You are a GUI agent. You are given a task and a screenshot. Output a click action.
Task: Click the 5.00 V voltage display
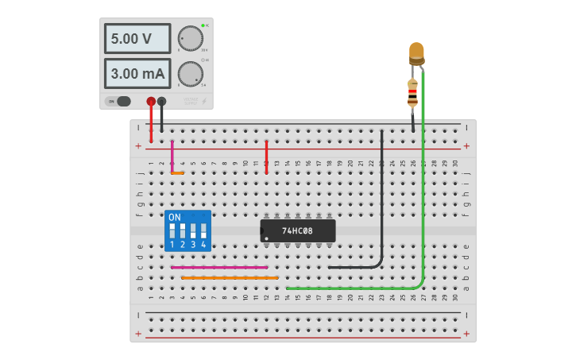(137, 38)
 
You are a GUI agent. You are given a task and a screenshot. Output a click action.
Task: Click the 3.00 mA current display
(137, 74)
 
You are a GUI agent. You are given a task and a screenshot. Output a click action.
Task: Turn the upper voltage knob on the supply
(190, 38)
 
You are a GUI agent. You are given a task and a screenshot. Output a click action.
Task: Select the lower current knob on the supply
(190, 74)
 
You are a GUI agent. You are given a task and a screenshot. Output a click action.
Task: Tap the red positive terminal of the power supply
(151, 101)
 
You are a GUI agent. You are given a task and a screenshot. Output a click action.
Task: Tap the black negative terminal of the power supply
(162, 101)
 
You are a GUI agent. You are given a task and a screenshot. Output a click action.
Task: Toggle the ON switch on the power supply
(120, 101)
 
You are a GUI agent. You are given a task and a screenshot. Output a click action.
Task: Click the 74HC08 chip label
(298, 231)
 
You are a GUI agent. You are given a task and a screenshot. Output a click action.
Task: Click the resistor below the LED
(412, 93)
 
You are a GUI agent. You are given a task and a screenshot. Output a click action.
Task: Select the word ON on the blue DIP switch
(175, 217)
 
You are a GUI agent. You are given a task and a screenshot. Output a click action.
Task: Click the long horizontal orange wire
(230, 277)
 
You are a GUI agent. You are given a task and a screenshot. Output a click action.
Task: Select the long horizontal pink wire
(219, 268)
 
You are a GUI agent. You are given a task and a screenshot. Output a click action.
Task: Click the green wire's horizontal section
(350, 288)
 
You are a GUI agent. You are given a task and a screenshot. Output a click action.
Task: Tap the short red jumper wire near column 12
(266, 157)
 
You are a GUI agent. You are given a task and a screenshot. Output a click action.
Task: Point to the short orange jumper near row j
(177, 173)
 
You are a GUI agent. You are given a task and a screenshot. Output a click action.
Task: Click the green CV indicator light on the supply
(203, 25)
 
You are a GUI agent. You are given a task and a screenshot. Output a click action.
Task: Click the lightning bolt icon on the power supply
(204, 101)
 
